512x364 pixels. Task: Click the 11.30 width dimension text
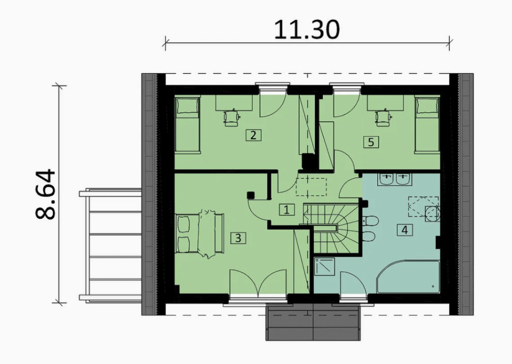307,30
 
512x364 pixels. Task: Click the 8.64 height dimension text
46,194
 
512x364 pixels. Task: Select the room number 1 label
287,210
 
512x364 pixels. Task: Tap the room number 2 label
253,135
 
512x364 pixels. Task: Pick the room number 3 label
238,238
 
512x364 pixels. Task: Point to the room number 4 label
404,230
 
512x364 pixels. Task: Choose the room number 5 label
371,142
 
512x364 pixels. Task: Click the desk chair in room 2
231,118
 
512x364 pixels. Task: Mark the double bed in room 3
200,233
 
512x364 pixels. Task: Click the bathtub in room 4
408,277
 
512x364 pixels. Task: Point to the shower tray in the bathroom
325,267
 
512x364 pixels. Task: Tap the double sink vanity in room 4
395,180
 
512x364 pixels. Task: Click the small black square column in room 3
251,195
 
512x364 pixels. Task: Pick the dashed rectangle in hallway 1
311,187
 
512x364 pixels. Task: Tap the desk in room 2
234,103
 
